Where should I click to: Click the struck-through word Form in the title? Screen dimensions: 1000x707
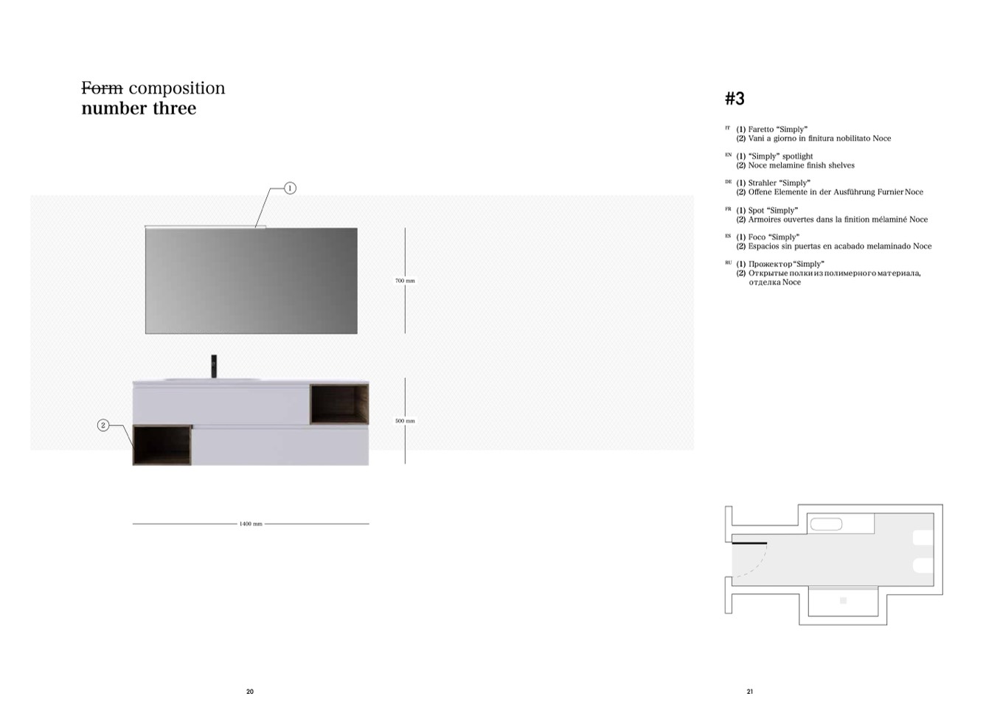pyautogui.click(x=102, y=88)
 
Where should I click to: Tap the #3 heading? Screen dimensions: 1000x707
pyautogui.click(x=735, y=98)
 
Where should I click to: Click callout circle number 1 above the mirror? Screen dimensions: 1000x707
pyautogui.click(x=290, y=188)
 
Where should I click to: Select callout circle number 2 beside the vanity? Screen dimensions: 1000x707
pyautogui.click(x=103, y=425)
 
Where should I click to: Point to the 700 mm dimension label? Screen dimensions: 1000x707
pyautogui.click(x=405, y=281)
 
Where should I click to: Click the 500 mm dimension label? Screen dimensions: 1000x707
pyautogui.click(x=405, y=421)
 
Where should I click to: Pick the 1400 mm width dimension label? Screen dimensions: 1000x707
pyautogui.click(x=251, y=524)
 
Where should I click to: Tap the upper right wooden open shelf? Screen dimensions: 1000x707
pyautogui.click(x=339, y=404)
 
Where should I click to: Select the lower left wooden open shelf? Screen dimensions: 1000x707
pyautogui.click(x=162, y=445)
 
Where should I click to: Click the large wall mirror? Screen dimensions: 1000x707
pyautogui.click(x=251, y=281)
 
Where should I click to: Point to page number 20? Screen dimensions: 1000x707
pyautogui.click(x=250, y=692)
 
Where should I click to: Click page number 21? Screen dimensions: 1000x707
pyautogui.click(x=750, y=692)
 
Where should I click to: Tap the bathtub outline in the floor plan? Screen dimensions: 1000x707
pyautogui.click(x=826, y=524)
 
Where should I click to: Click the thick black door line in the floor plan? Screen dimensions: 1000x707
pyautogui.click(x=749, y=543)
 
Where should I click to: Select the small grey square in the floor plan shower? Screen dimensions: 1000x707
pyautogui.click(x=844, y=600)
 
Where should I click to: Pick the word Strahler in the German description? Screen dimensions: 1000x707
pyautogui.click(x=763, y=183)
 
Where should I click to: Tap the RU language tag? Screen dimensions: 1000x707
pyautogui.click(x=728, y=263)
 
